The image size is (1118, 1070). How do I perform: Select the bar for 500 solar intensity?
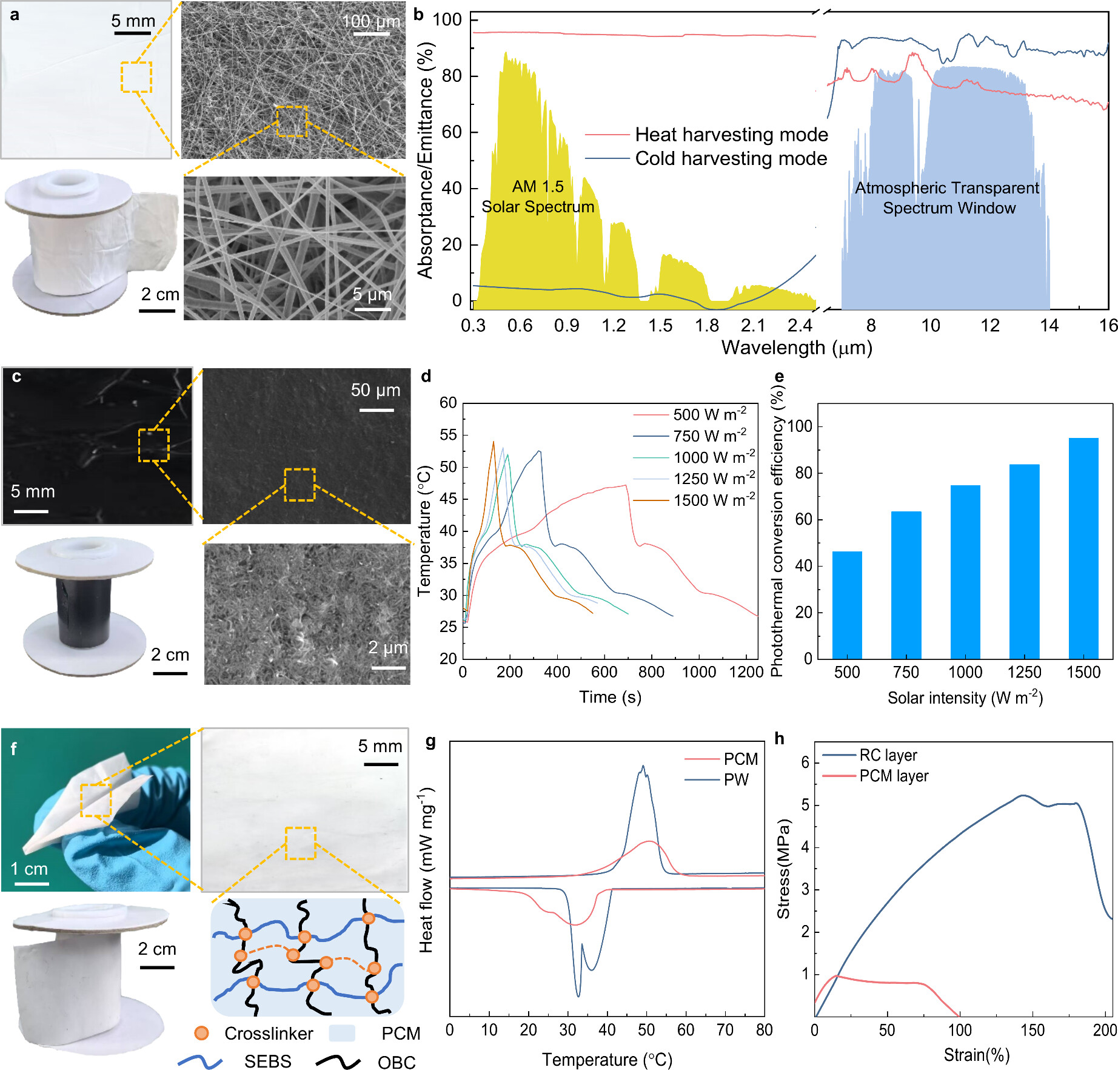point(847,605)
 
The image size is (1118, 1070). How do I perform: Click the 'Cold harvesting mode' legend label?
point(731,158)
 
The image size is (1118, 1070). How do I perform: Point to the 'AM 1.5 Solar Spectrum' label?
point(538,197)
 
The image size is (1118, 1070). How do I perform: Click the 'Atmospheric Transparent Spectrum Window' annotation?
point(948,198)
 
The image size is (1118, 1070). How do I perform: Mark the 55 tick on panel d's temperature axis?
point(448,435)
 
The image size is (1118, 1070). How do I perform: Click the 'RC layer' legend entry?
point(888,755)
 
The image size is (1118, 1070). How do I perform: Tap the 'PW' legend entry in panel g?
point(736,779)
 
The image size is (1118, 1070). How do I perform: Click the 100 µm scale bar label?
point(371,22)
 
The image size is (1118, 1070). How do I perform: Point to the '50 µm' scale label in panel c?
point(375,390)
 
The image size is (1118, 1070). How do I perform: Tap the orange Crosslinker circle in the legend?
point(201,1033)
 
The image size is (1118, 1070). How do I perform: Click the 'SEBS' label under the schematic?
point(267,1060)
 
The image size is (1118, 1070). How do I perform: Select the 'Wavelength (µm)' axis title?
point(796,348)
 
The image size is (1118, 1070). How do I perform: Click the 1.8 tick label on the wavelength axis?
point(707,326)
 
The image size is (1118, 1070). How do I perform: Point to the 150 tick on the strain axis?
point(1032,1030)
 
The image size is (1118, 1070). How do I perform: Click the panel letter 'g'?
point(431,741)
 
